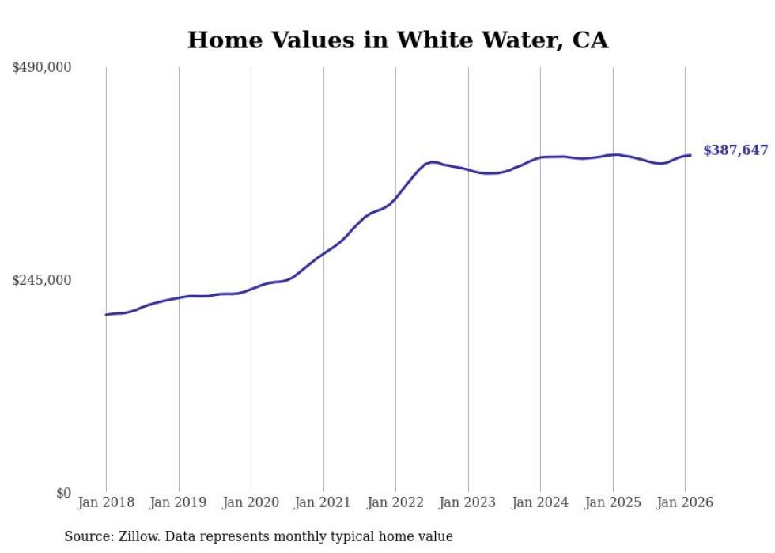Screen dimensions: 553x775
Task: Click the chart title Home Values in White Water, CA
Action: point(398,40)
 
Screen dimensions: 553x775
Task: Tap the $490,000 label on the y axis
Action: point(42,68)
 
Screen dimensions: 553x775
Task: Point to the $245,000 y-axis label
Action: point(42,280)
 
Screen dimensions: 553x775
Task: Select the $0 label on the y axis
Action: point(63,493)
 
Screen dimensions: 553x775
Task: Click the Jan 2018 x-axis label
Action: point(106,503)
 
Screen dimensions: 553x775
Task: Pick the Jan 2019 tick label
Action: point(179,503)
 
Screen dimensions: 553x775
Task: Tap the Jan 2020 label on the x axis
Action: point(251,503)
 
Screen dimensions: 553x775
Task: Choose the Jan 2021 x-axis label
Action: point(323,503)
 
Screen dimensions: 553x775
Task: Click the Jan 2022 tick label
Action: point(395,503)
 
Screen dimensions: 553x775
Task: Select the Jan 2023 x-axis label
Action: point(468,503)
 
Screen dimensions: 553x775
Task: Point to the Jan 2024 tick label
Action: point(540,503)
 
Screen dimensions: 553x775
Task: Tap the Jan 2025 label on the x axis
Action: point(613,503)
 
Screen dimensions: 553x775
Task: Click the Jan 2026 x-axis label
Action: point(685,503)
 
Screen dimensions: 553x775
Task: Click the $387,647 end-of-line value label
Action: point(735,150)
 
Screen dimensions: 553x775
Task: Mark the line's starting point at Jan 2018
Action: point(106,315)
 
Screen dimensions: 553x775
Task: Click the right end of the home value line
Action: point(690,155)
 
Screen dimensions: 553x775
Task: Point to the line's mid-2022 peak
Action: point(433,162)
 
